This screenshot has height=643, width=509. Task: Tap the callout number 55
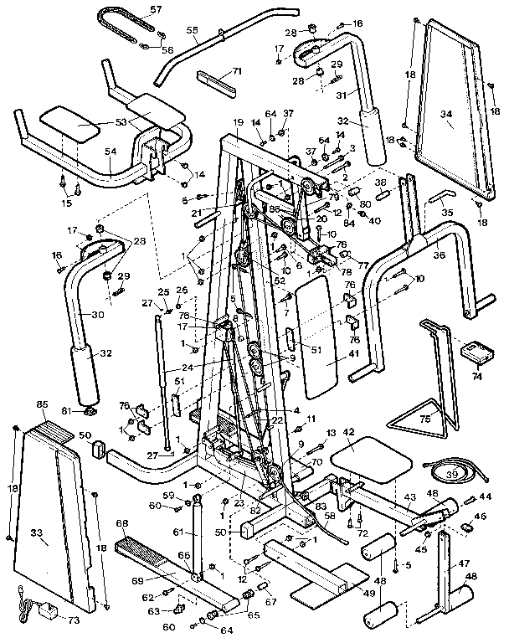tap(192, 30)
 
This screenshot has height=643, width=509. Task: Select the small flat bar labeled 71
tap(218, 84)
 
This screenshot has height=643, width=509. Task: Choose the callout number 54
tap(110, 151)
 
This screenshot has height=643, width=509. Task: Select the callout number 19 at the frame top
tap(239, 122)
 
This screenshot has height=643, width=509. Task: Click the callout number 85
tap(42, 405)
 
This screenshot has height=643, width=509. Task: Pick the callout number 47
tap(465, 565)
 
